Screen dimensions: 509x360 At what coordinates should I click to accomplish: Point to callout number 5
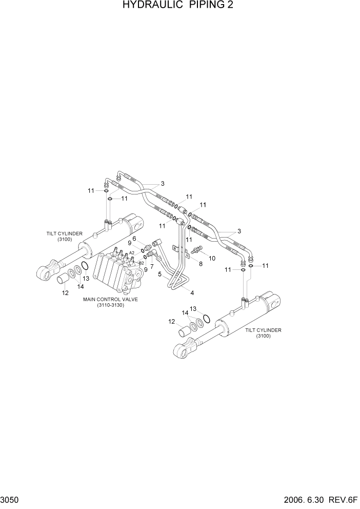160,275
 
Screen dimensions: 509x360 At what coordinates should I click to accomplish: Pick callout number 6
134,239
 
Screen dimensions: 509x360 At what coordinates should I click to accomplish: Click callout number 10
211,258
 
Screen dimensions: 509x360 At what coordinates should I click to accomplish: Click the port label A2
132,253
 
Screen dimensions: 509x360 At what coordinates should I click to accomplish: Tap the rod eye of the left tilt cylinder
46,271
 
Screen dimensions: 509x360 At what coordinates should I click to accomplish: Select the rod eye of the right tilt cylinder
182,350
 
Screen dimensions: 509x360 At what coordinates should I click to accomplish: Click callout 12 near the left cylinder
65,293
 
